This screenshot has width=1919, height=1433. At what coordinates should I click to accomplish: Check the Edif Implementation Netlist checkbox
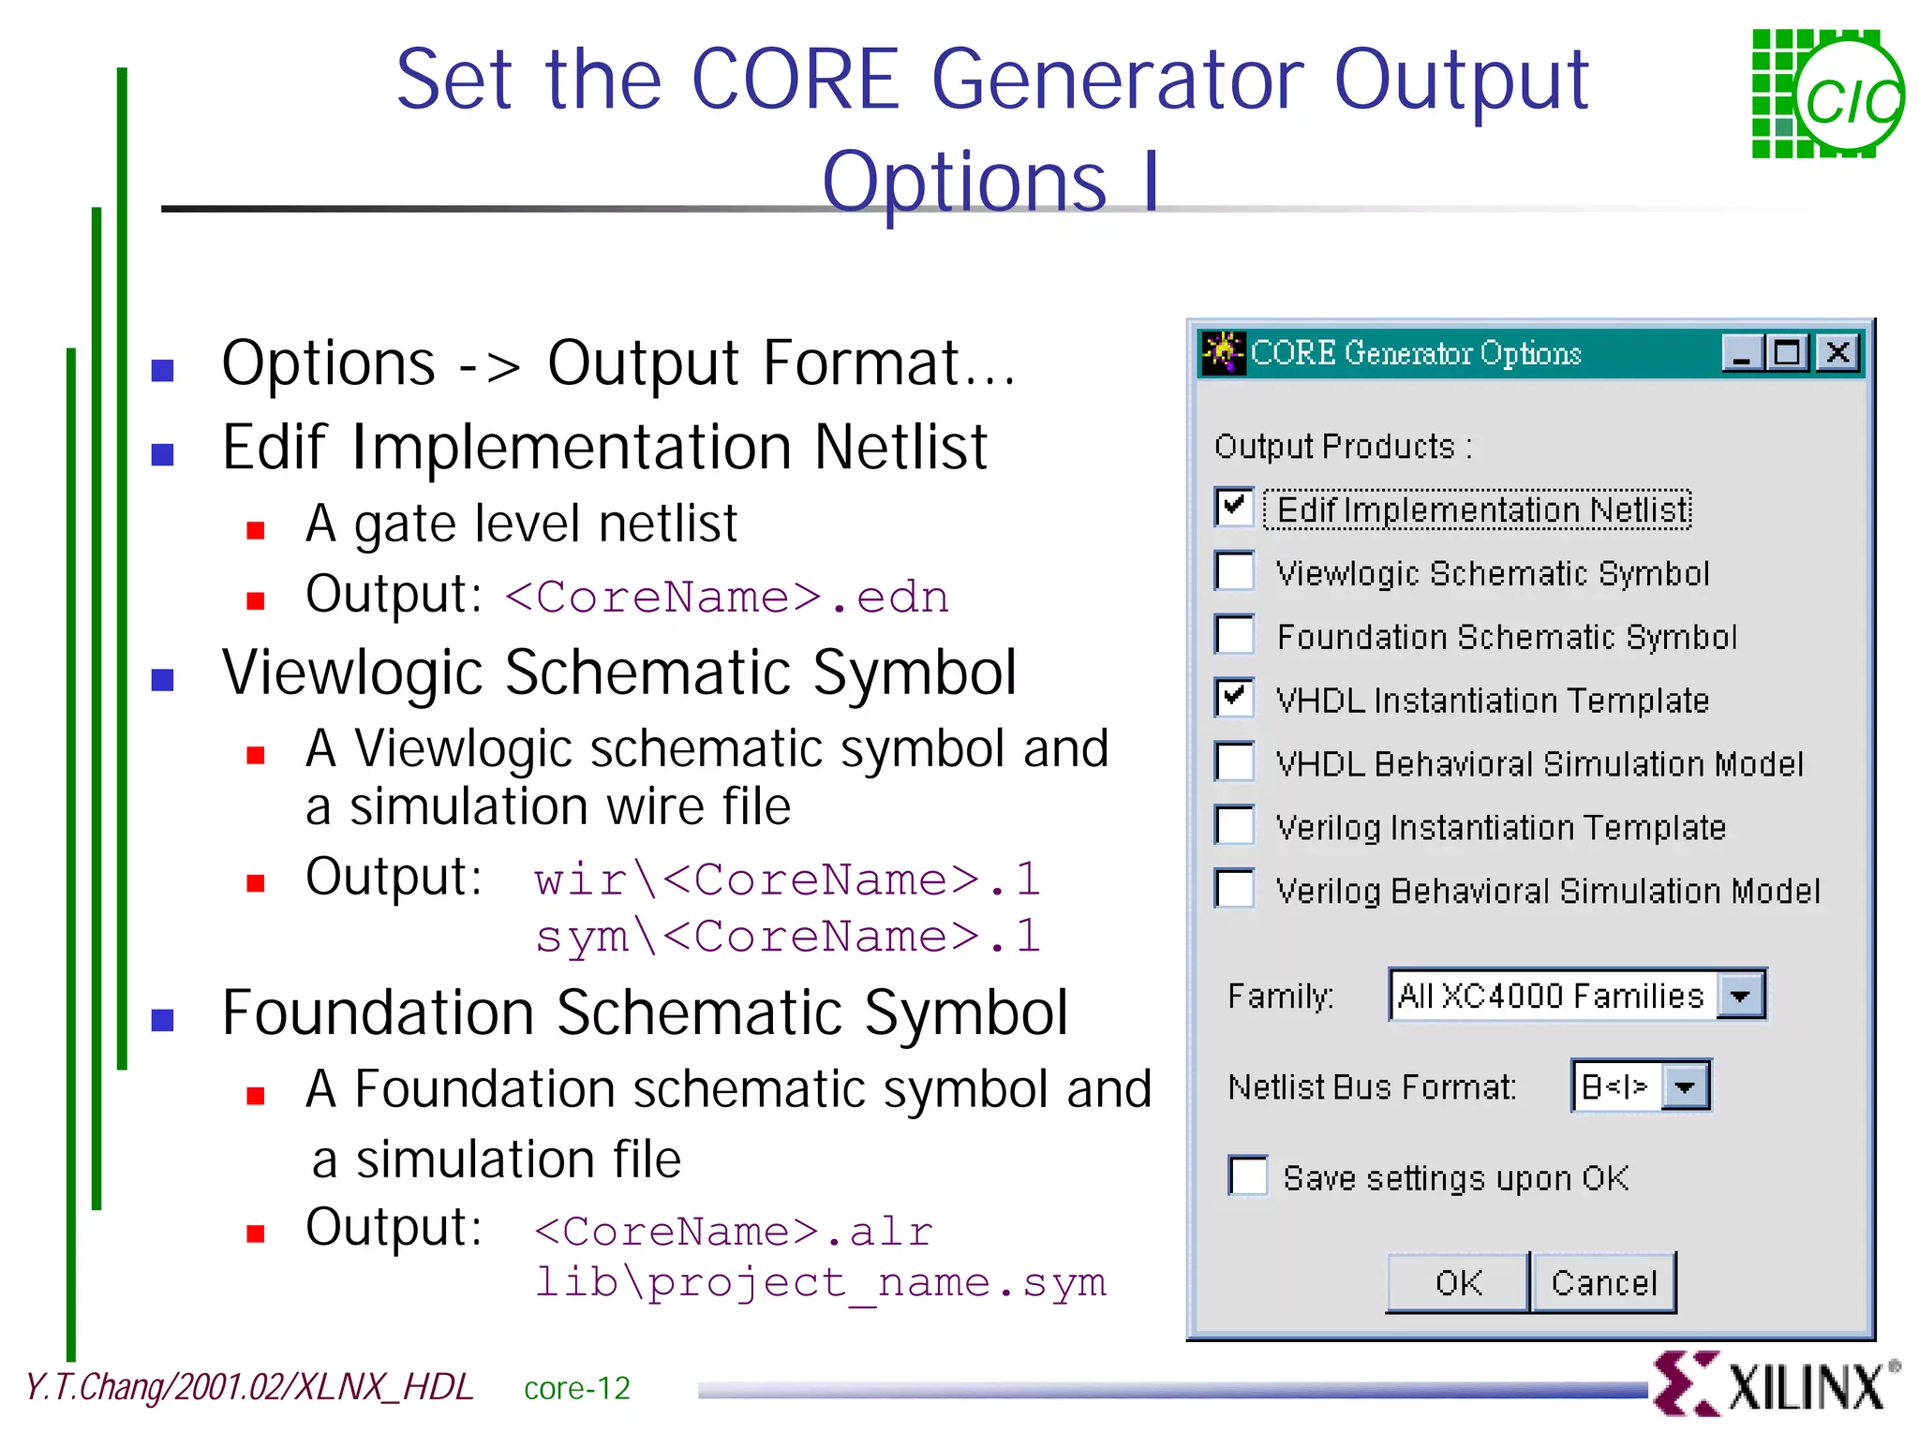[x=1234, y=508]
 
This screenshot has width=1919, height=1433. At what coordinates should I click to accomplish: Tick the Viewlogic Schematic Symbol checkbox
[x=1234, y=571]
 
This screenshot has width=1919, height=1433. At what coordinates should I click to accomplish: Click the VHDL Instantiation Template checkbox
[x=1234, y=699]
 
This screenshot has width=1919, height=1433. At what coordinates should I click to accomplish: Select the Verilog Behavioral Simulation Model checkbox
[x=1234, y=889]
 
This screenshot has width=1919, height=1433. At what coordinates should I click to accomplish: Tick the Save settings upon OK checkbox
[x=1248, y=1176]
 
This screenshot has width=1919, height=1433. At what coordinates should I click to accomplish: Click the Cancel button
[x=1603, y=1283]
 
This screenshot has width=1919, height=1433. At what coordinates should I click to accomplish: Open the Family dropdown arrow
[x=1740, y=996]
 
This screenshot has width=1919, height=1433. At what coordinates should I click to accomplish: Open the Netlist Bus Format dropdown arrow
[x=1685, y=1086]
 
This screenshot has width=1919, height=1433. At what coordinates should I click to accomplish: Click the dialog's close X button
[x=1837, y=353]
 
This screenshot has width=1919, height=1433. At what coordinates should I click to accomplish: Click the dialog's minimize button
[x=1742, y=353]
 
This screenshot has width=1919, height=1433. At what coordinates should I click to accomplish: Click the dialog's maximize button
[x=1789, y=353]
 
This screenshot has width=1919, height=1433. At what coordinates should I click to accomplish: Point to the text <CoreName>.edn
[x=727, y=598]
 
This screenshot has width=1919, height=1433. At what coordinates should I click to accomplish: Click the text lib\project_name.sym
[x=820, y=1282]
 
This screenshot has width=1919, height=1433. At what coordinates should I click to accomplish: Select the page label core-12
[x=576, y=1388]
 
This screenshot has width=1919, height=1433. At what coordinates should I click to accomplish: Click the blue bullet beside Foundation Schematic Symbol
[x=163, y=1020]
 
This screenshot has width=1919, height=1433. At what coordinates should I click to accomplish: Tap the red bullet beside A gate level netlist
[x=255, y=531]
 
